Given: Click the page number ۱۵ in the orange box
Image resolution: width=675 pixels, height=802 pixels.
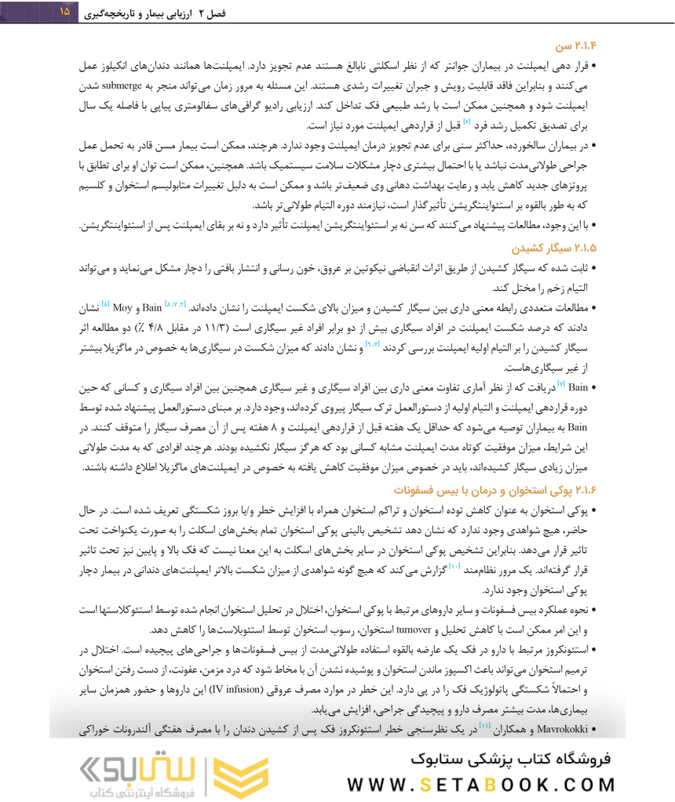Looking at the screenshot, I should point(64,12).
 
